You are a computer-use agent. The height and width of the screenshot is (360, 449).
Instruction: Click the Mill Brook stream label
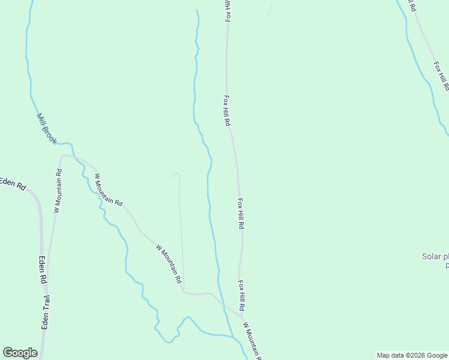tap(46, 129)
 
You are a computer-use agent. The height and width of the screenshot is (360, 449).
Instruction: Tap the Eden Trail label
tap(46, 311)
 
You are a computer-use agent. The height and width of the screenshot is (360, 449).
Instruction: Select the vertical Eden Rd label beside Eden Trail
tap(43, 270)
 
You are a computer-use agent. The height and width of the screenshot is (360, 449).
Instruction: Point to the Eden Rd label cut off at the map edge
tap(12, 184)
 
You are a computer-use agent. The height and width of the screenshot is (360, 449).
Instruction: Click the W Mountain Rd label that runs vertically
tap(58, 191)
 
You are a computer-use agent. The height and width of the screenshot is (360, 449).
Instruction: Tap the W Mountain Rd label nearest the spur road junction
tap(168, 263)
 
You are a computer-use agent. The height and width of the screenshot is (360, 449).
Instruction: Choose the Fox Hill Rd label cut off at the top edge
tap(228, 11)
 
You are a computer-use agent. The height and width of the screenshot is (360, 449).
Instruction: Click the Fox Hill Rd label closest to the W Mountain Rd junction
tap(241, 295)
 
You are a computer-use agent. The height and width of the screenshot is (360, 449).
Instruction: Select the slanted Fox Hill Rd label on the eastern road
tap(441, 74)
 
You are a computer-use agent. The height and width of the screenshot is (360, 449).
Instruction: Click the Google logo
tap(20, 353)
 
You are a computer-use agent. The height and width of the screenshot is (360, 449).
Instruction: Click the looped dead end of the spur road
tap(176, 175)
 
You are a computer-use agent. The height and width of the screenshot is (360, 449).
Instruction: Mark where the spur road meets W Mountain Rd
tap(183, 292)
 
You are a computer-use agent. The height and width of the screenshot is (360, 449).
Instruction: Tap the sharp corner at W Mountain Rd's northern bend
tap(61, 157)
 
